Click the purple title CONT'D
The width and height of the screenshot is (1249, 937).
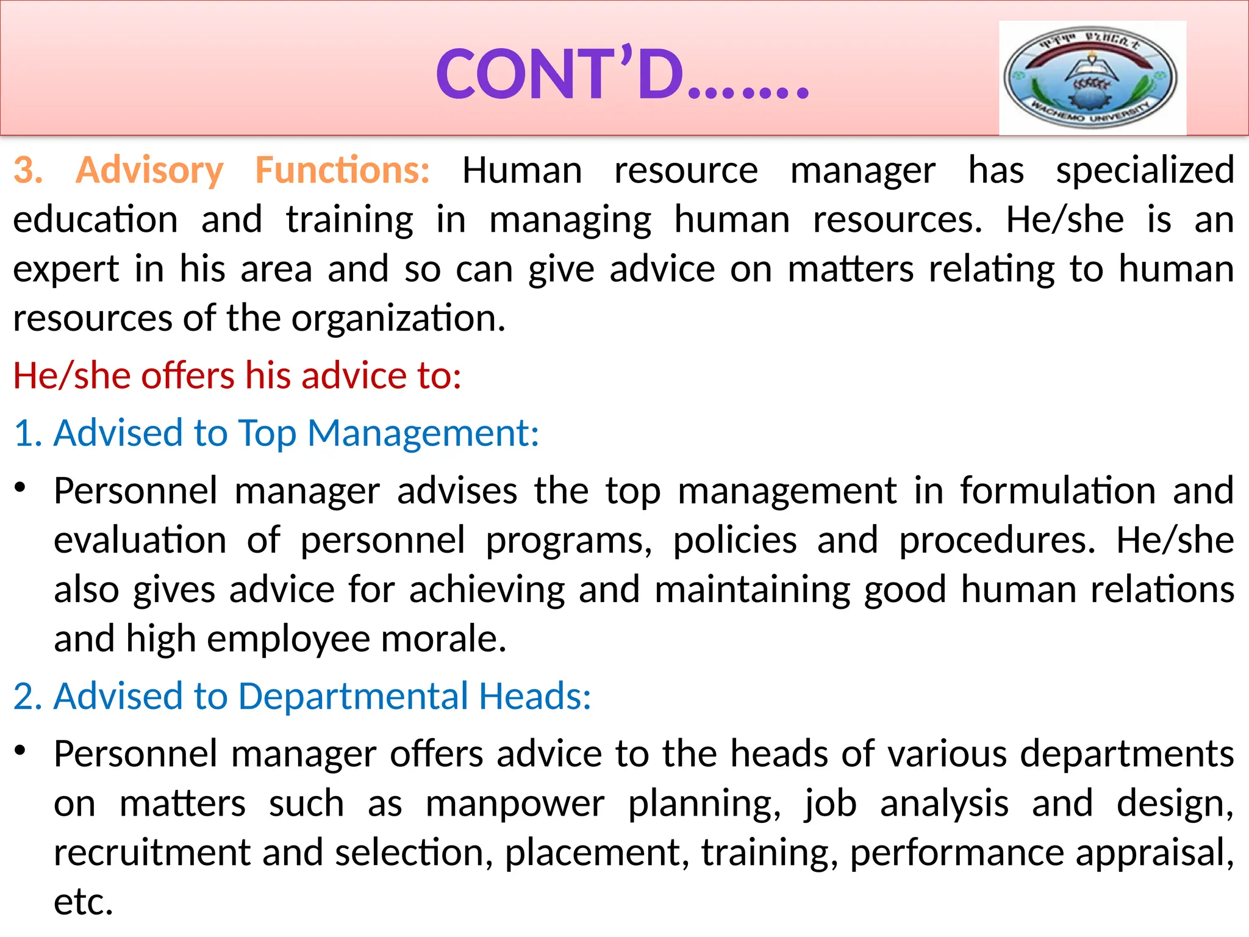622,74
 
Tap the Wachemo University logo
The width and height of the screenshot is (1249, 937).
1092,77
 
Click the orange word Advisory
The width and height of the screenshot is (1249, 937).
149,170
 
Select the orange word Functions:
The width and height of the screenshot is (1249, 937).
342,170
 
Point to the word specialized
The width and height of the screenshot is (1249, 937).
1145,171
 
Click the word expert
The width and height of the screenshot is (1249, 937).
66,270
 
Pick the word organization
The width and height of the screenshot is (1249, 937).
398,319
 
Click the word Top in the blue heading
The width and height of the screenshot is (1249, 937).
267,434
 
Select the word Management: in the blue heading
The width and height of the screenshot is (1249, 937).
423,434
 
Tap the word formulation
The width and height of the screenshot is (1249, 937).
1058,491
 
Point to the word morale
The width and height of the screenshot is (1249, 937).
443,639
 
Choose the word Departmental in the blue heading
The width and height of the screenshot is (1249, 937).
353,697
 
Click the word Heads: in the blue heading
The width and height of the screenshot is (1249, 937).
535,697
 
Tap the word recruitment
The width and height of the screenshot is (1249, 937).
152,853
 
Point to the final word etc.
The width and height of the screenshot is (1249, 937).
83,902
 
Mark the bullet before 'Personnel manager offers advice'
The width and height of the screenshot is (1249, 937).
21,751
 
